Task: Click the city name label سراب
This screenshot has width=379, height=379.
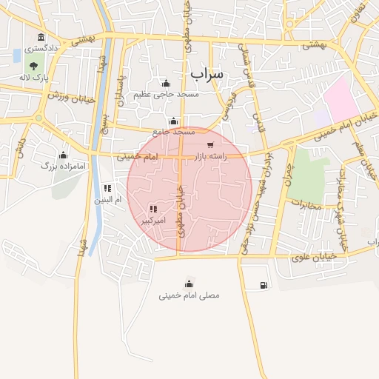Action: tap(207, 74)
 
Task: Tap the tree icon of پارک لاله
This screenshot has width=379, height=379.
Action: tap(34, 67)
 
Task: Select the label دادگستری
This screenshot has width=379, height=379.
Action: tap(41, 48)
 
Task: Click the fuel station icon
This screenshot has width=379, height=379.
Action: tap(264, 285)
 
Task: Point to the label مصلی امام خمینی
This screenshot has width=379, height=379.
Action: tap(189, 295)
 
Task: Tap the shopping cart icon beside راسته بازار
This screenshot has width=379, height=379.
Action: tap(211, 145)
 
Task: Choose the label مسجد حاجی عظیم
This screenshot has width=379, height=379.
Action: tap(166, 95)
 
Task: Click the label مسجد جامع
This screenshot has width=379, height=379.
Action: tap(174, 132)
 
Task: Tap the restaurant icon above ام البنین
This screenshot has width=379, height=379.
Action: tap(107, 188)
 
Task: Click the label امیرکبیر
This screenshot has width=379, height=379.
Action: tap(153, 221)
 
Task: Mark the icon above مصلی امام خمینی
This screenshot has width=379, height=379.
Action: tap(189, 284)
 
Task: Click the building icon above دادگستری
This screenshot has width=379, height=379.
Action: tap(40, 37)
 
